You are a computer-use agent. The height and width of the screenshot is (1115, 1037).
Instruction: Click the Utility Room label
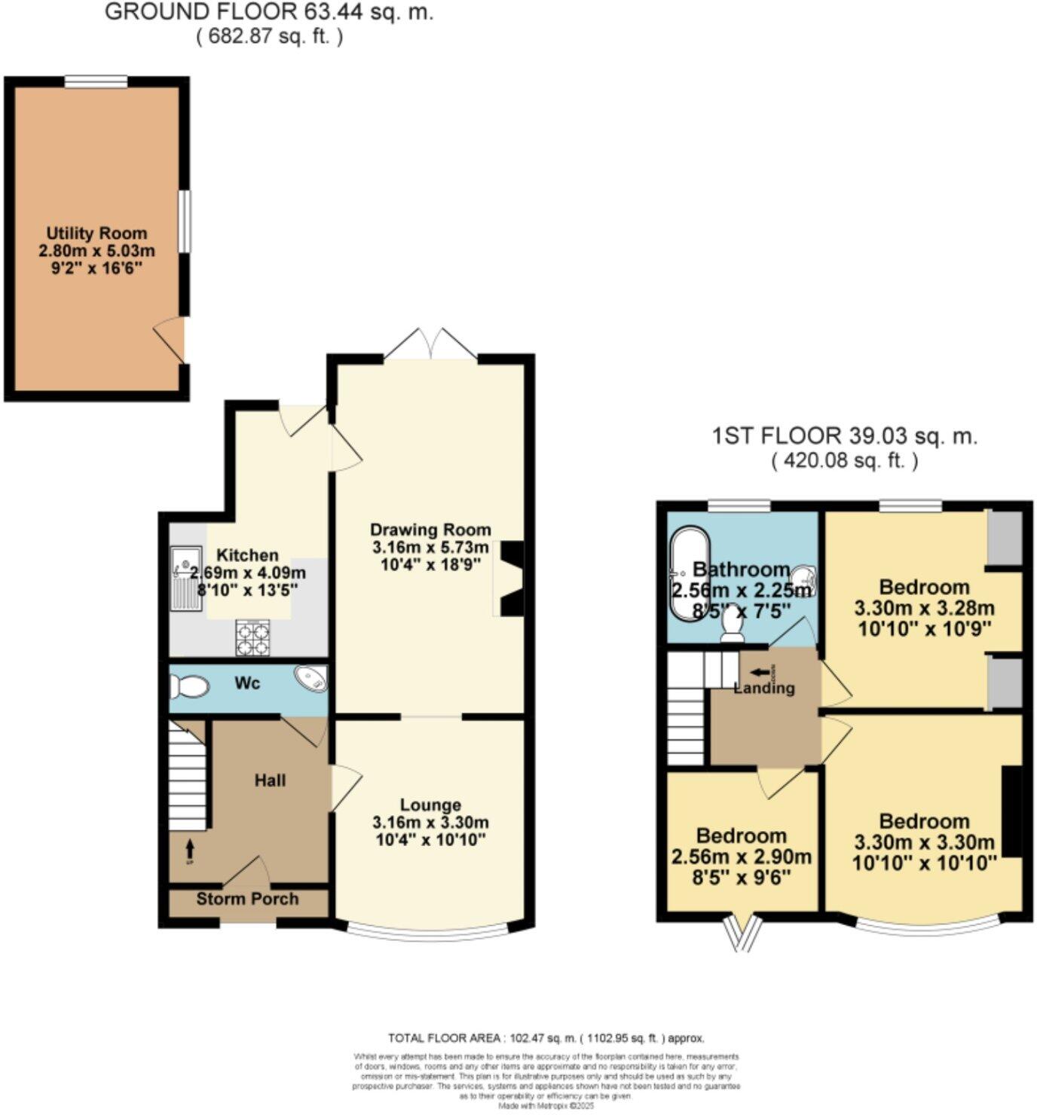point(96,233)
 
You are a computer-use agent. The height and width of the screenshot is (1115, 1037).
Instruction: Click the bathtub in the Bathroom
point(688,576)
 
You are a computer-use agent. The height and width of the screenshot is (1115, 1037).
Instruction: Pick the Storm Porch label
point(247,899)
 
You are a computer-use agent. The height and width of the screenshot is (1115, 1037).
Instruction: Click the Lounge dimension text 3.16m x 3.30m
point(430,822)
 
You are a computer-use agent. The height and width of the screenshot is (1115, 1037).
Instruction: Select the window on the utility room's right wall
point(184,221)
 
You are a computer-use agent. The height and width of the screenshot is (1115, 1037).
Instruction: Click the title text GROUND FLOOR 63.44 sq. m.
point(268,12)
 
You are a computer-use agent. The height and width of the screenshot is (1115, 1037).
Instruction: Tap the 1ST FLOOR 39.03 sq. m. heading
point(844,435)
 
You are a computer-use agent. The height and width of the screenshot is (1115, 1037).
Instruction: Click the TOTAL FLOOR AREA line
point(546,1037)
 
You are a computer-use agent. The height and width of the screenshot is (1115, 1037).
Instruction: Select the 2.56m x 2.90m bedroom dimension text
point(741,857)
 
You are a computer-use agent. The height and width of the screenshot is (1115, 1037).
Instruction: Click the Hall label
point(270,780)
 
